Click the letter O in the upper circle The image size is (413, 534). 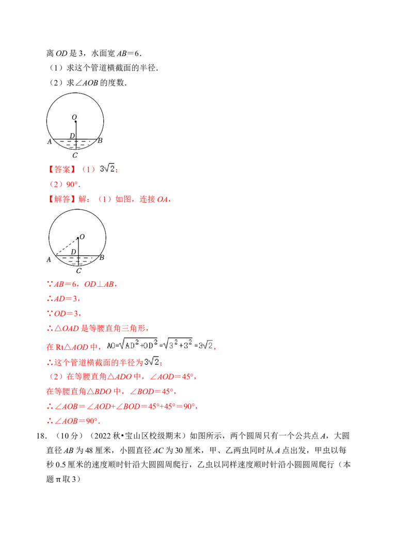[x=74, y=117]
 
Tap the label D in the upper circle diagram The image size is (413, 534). [x=72, y=136]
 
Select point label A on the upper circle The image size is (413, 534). [x=50, y=141]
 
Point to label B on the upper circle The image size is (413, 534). [x=100, y=140]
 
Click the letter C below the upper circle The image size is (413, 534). [x=75, y=155]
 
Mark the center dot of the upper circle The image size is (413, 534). [x=75, y=122]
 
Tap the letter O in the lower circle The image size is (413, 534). [x=82, y=237]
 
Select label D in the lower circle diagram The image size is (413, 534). [x=73, y=252]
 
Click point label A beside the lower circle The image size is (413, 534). [x=49, y=260]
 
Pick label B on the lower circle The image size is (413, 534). [x=102, y=257]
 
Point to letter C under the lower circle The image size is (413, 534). [x=78, y=270]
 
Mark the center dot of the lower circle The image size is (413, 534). [x=77, y=238]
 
